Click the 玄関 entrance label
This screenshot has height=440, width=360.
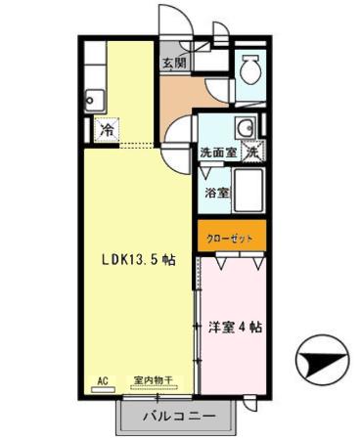point(175,61)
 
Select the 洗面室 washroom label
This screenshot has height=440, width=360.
point(217,153)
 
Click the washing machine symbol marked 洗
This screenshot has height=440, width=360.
point(252,152)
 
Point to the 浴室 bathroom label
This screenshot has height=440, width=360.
point(217,193)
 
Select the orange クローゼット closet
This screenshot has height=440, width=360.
point(231,238)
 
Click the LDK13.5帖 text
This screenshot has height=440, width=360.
point(139,260)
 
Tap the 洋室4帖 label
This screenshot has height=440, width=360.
point(235,327)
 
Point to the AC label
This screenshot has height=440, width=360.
point(102,379)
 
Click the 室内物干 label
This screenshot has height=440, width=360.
point(152,379)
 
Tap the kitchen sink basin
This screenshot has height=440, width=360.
point(94,98)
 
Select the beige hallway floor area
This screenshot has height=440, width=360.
point(181,96)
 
